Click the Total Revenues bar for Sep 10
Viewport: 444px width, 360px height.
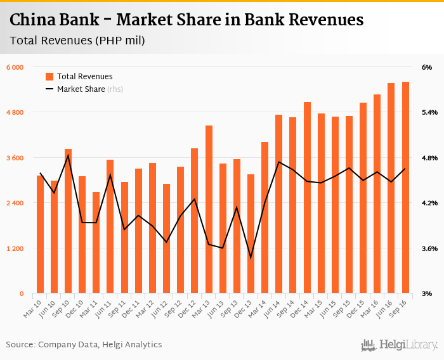point(69,221)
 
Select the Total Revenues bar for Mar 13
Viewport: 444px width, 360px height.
point(209,209)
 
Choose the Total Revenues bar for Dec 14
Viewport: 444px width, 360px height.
point(307,198)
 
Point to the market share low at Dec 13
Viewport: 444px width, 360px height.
point(251,258)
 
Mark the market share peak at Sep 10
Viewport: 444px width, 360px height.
point(69,155)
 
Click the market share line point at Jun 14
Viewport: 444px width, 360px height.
point(279,162)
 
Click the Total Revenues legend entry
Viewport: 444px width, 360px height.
point(84,76)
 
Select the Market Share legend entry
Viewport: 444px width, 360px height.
point(81,89)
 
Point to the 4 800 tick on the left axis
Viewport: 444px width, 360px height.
point(15,112)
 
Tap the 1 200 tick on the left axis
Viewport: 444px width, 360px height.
point(15,248)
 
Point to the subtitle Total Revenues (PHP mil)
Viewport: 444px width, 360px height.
point(77,41)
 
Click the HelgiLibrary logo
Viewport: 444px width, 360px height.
point(399,345)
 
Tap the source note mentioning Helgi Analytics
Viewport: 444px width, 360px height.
point(84,345)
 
